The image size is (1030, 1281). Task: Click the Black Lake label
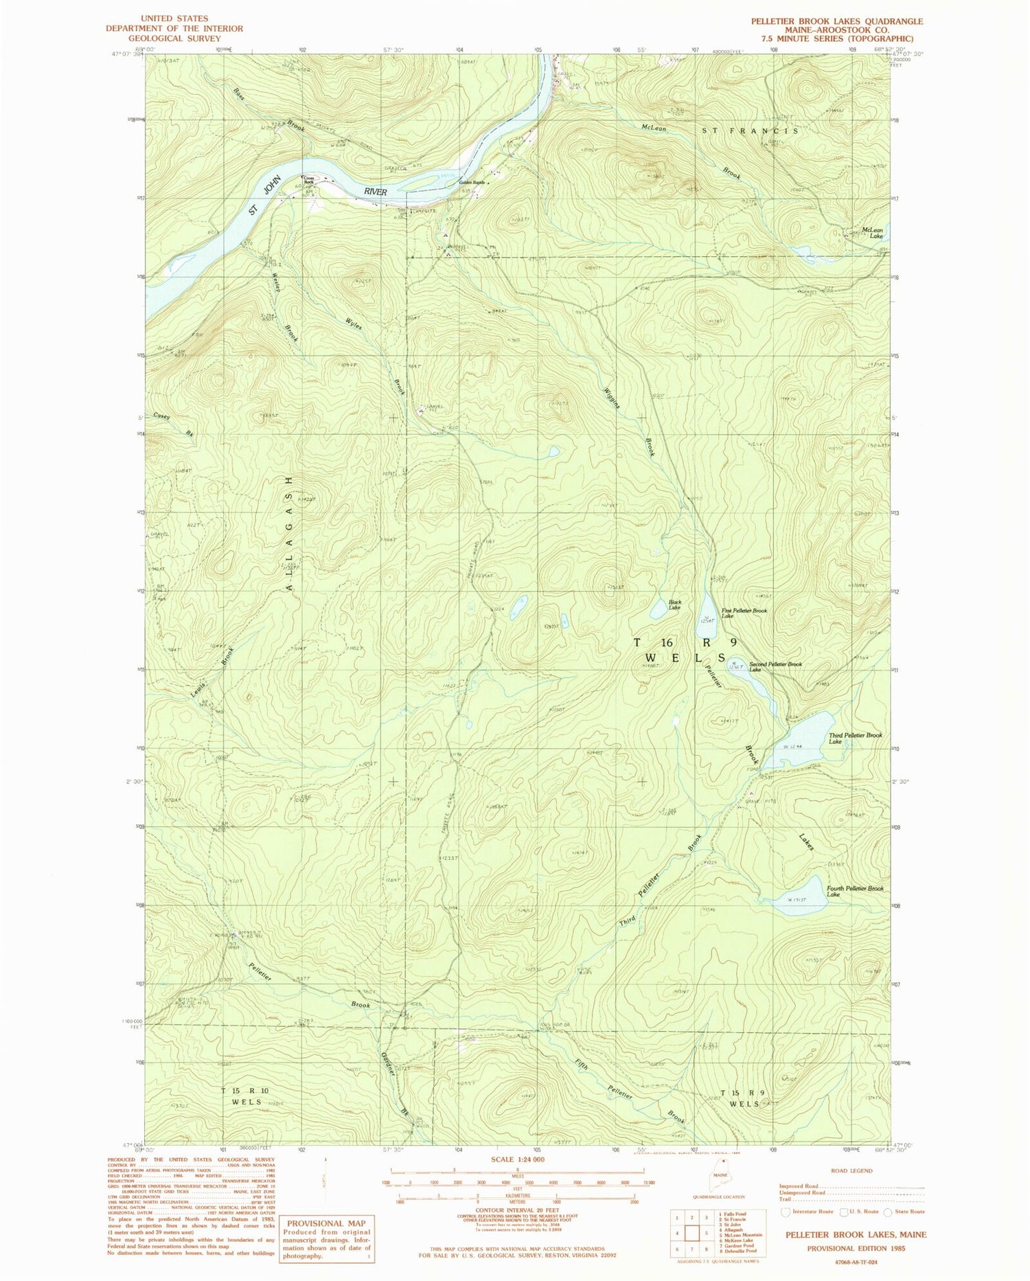pyautogui.click(x=674, y=604)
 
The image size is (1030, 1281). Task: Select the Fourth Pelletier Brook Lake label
pyautogui.click(x=855, y=891)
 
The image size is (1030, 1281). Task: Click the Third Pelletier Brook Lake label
pyautogui.click(x=855, y=738)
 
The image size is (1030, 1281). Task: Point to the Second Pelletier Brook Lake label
pyautogui.click(x=775, y=666)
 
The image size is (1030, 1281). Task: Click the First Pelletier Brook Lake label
pyautogui.click(x=744, y=613)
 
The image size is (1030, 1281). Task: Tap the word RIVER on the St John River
pyautogui.click(x=376, y=192)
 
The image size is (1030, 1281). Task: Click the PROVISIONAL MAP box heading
pyautogui.click(x=325, y=1223)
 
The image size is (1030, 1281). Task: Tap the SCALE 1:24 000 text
pyautogui.click(x=517, y=1159)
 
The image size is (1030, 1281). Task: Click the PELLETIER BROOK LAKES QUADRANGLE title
pyautogui.click(x=836, y=21)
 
